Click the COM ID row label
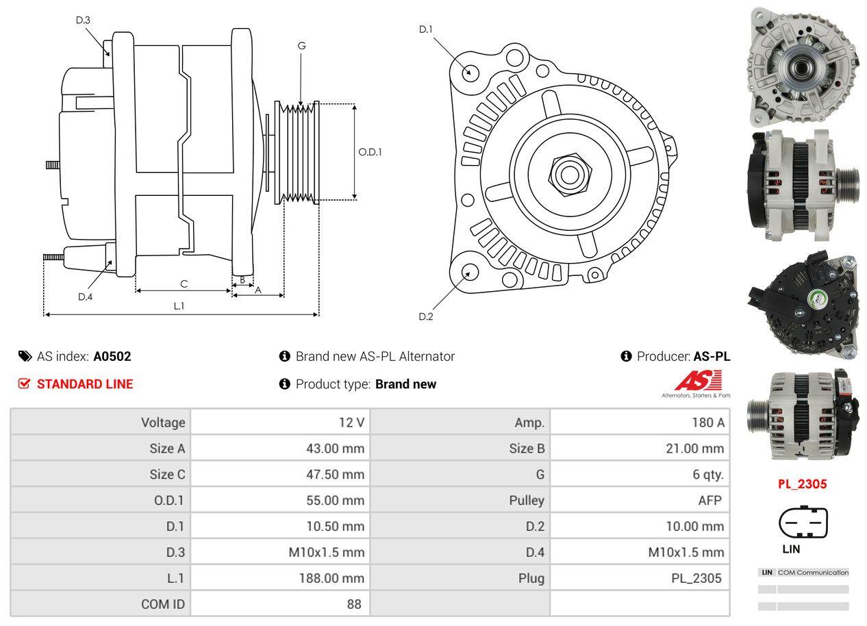pos(162,604)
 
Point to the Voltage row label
pos(163,423)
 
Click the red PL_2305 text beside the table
pos(802,484)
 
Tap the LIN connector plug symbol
pos(803,524)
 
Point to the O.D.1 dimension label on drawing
pos(370,152)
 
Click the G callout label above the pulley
pos(301,46)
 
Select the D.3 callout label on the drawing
pos(83,20)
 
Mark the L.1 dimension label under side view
pos(179,306)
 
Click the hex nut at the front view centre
pos(568,174)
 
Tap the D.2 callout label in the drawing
pos(426,316)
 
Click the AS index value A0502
pos(112,356)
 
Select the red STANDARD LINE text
pos(85,384)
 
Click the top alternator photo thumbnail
pos(801,66)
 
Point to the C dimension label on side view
pos(184,284)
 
